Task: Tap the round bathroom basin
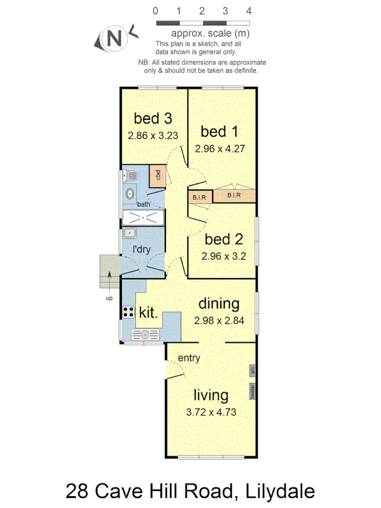coord(130,194)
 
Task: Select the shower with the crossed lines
coord(143,218)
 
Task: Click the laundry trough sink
coord(129,233)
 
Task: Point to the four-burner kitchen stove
coord(128,312)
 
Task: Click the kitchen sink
coord(146,334)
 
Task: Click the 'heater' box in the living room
coord(253,391)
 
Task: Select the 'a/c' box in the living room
coord(253,371)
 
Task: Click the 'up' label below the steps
coord(109,297)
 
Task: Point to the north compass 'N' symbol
coord(114,38)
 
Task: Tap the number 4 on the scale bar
coord(249,11)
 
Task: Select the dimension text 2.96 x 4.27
coord(219,149)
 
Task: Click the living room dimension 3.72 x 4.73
coord(211,412)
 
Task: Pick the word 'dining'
coord(219,304)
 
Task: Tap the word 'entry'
coord(189,358)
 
